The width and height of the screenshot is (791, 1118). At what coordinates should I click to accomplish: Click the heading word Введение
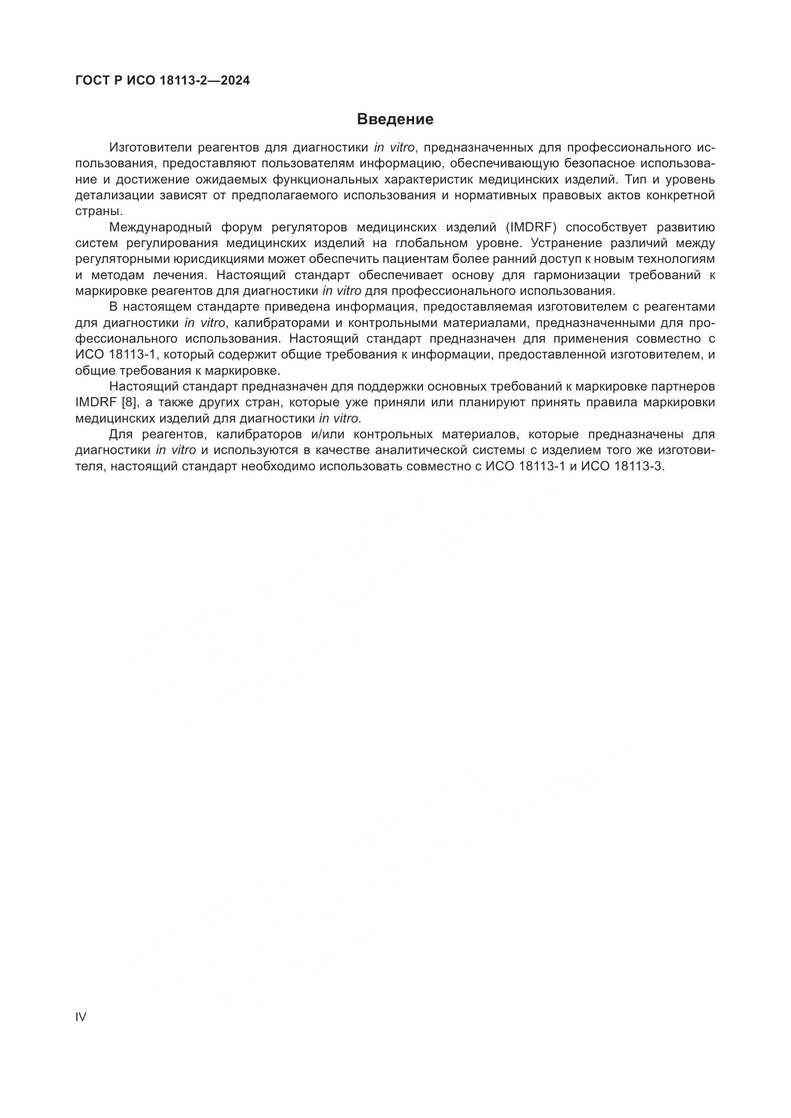click(x=395, y=119)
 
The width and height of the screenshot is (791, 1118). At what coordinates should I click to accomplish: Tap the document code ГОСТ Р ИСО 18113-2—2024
click(x=163, y=81)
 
